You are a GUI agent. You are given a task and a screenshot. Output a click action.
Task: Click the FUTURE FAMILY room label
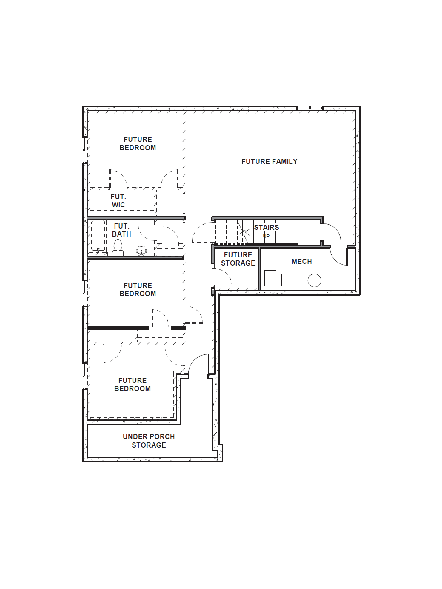tap(269, 161)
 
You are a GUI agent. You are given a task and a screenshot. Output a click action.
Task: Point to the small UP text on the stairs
tap(266, 236)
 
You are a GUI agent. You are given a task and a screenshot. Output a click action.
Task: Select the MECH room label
tap(302, 261)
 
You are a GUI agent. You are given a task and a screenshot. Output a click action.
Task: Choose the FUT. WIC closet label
tap(118, 201)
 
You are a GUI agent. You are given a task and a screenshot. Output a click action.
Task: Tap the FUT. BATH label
tap(121, 230)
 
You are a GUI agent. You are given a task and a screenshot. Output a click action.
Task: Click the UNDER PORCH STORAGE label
tap(149, 441)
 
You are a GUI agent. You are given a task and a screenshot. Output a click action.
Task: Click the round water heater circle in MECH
tap(314, 280)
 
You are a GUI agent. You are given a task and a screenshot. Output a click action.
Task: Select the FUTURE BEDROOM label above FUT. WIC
tap(138, 144)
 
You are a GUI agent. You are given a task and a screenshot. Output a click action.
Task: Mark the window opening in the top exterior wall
tap(310, 108)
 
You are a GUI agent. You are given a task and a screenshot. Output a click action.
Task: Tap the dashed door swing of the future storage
tap(224, 277)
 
